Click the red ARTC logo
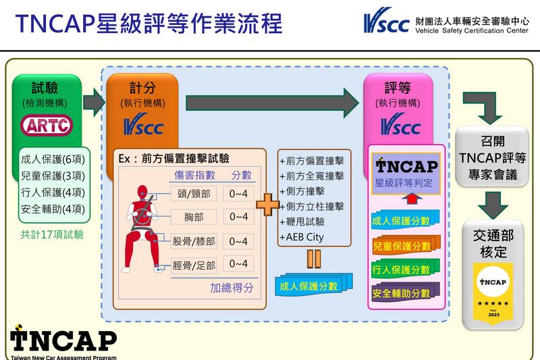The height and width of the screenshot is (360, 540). (46, 126)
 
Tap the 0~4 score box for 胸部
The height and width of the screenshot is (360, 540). (240, 217)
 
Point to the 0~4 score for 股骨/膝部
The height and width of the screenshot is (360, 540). (240, 240)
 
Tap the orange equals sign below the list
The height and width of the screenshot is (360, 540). (311, 259)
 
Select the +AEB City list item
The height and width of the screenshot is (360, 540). (302, 237)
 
